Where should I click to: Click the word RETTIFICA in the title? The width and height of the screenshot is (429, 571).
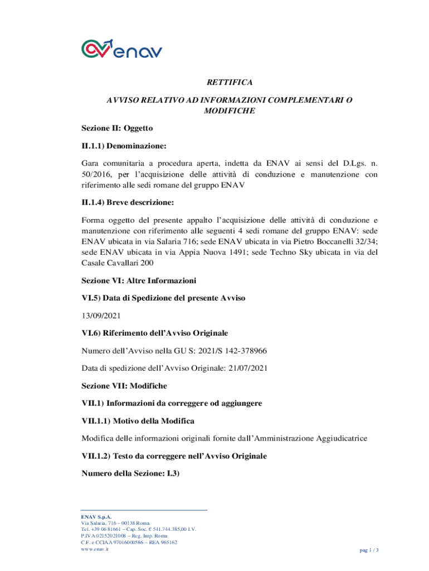click(x=230, y=83)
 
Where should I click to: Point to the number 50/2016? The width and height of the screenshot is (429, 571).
click(x=95, y=175)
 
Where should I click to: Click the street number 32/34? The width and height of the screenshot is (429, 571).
click(x=364, y=243)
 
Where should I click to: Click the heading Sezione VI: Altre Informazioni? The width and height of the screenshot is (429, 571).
click(x=139, y=280)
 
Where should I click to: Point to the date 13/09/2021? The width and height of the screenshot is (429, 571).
click(x=101, y=316)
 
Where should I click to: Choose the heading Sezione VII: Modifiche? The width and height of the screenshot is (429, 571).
click(x=124, y=386)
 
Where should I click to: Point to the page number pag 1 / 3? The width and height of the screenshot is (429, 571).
click(x=369, y=550)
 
